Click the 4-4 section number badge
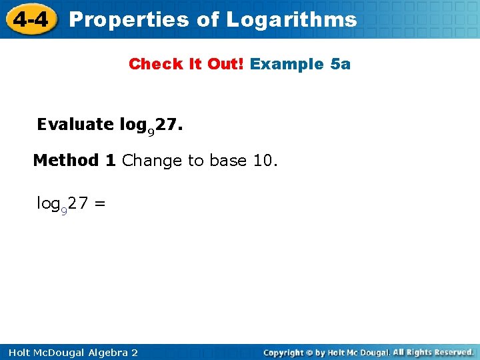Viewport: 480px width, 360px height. click(29, 19)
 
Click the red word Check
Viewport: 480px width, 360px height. click(150, 64)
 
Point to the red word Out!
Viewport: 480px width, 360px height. click(226, 64)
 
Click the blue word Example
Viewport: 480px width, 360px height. click(287, 64)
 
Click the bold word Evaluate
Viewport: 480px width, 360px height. click(75, 125)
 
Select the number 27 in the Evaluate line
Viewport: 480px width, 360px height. click(167, 125)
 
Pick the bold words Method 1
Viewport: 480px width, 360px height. click(75, 161)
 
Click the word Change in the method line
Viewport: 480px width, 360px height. click(152, 161)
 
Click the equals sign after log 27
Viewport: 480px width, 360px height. click(99, 203)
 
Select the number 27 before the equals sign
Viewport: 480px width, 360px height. click(77, 203)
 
